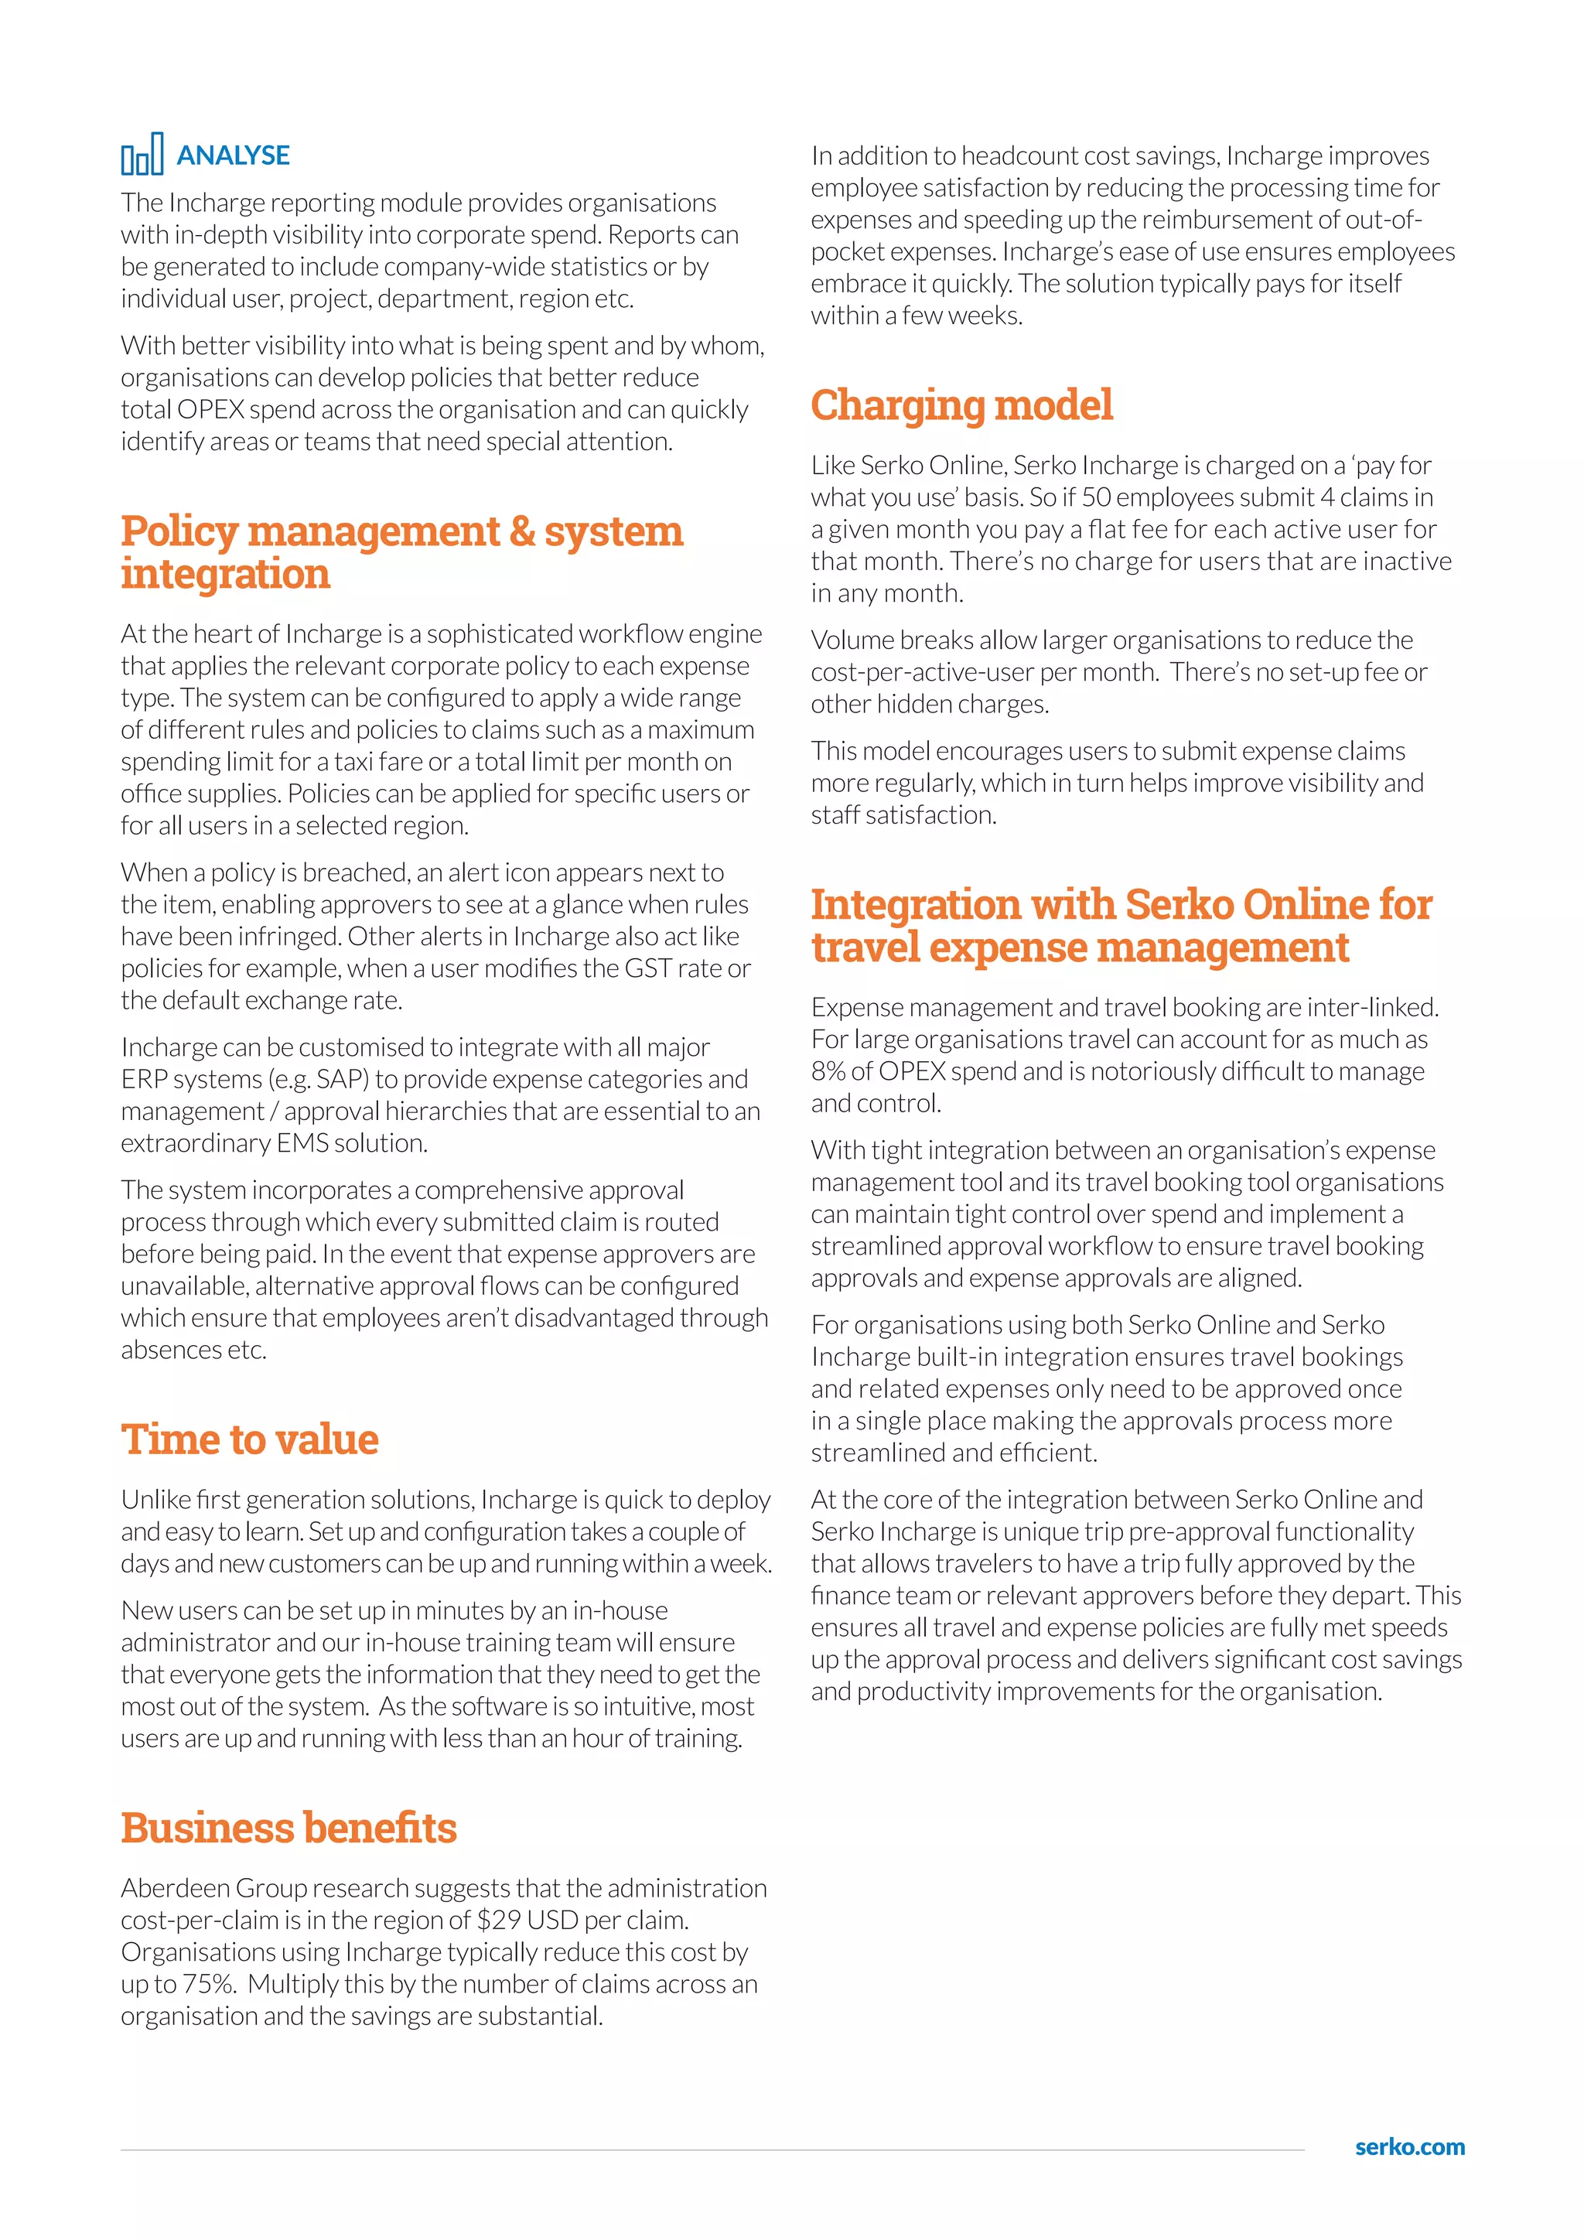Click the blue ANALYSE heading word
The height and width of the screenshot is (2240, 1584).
[233, 156]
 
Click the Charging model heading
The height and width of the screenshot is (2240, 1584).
[961, 405]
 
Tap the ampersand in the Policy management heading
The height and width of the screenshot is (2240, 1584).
[522, 531]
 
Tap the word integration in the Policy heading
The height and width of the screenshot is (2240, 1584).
[225, 574]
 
